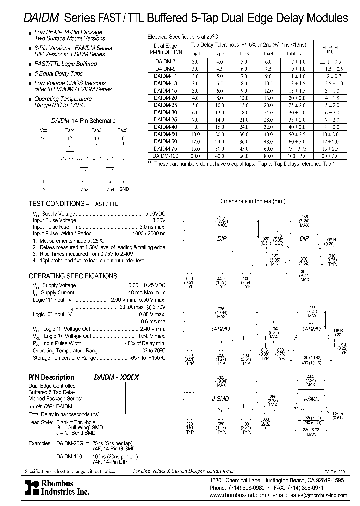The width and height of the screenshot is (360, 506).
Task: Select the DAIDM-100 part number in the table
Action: pyautogui.click(x=164, y=157)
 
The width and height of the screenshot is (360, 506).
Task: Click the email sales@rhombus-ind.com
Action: pyautogui.click(x=317, y=495)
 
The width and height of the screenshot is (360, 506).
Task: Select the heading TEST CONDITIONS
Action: pyautogui.click(x=56, y=204)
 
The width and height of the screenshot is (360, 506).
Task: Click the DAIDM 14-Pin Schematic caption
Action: pyautogui.click(x=83, y=121)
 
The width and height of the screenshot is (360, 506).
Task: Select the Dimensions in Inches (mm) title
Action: pyautogui.click(x=252, y=201)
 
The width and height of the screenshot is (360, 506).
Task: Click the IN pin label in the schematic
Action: pyautogui.click(x=43, y=189)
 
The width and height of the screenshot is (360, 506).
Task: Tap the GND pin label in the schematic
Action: pyautogui.click(x=124, y=189)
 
